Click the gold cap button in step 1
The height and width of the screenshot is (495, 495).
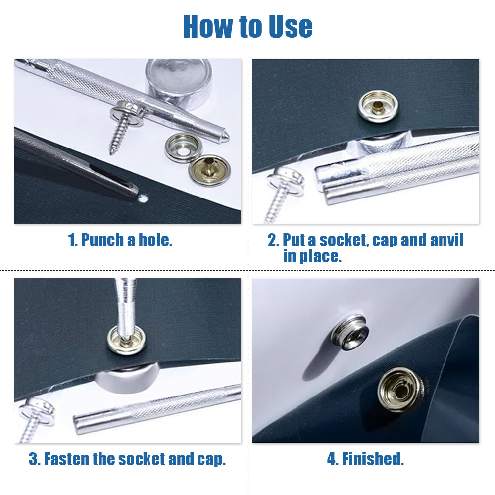click(209, 168)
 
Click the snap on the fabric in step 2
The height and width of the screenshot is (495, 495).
click(378, 105)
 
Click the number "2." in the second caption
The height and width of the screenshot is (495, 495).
click(273, 240)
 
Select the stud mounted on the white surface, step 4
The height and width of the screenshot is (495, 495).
click(349, 332)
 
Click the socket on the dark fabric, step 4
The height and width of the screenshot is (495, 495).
click(399, 390)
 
